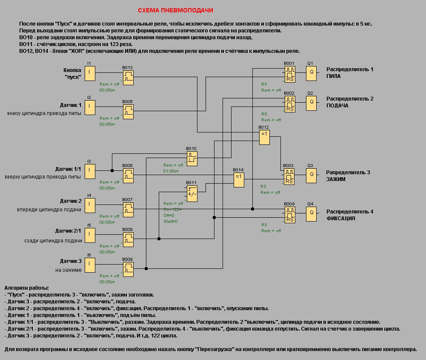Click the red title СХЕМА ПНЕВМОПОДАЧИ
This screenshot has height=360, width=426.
[x=175, y=10]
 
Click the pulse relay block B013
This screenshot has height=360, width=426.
[x=128, y=77]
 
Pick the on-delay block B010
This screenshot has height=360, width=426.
[x=192, y=157]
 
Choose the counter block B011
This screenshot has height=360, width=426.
[x=192, y=193]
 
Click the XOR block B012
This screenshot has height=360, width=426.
[x=264, y=136]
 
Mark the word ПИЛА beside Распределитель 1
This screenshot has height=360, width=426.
[x=334, y=76]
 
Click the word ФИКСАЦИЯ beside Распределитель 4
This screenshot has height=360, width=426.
[x=340, y=218]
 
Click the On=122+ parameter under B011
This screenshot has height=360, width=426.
[x=172, y=209]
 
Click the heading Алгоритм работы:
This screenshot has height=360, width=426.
[x=26, y=288]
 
